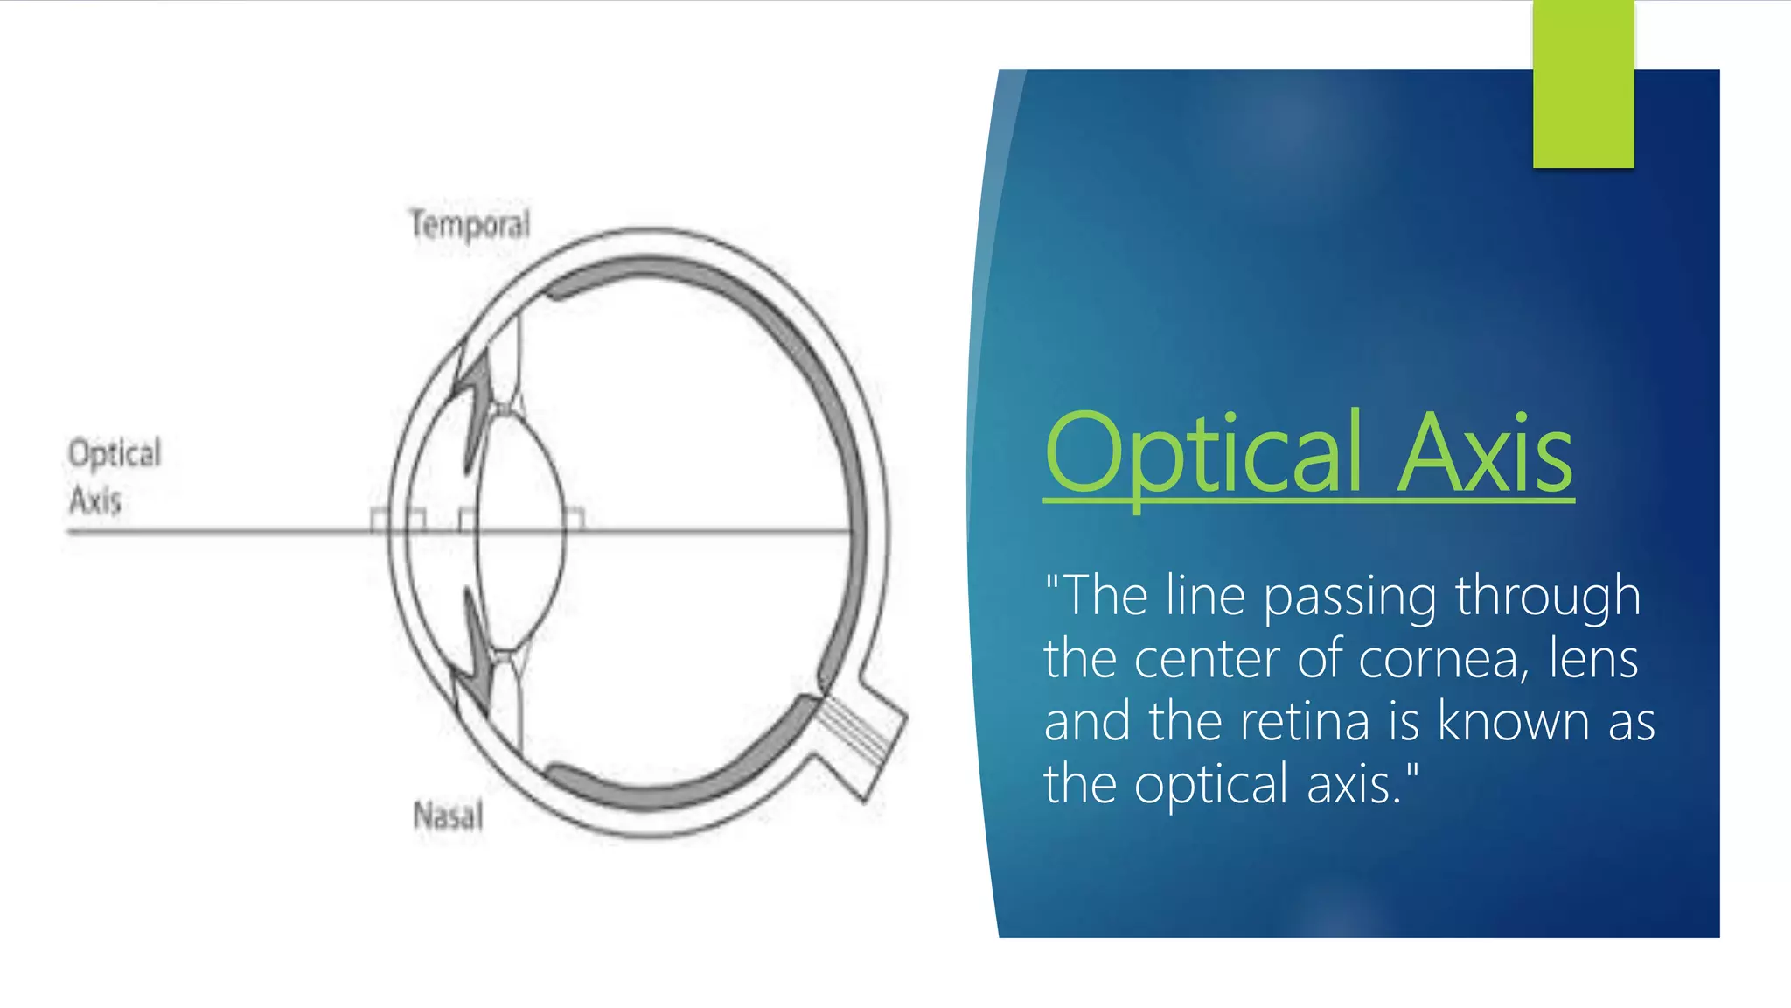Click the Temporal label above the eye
pyautogui.click(x=470, y=225)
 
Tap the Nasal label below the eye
pyautogui.click(x=448, y=815)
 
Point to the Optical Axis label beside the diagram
pyautogui.click(x=114, y=477)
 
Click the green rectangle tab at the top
pyautogui.click(x=1583, y=84)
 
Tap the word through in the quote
pyautogui.click(x=1548, y=598)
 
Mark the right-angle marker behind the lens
pyautogui.click(x=575, y=520)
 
